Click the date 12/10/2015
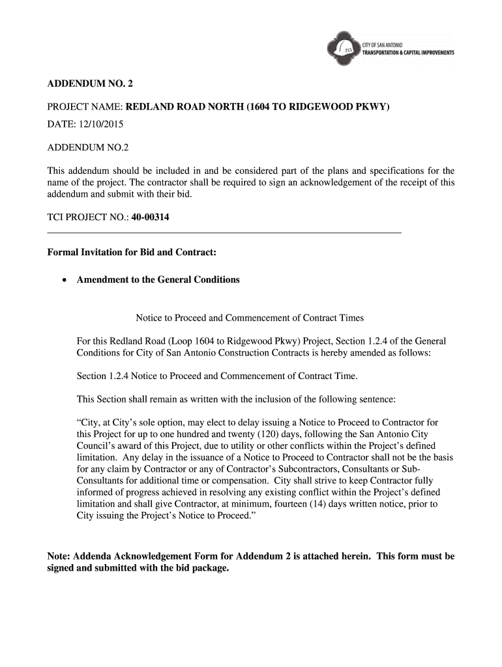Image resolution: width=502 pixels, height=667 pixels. (99, 123)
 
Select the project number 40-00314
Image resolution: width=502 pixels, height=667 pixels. (150, 218)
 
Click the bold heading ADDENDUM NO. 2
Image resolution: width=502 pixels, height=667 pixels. (90, 83)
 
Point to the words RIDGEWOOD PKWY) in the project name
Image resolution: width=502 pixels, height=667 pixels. (348, 106)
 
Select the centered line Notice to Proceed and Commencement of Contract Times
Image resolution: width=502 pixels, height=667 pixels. (250, 318)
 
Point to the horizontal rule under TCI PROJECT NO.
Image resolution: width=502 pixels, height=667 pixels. (224, 233)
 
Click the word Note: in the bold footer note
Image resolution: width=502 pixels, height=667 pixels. (59, 556)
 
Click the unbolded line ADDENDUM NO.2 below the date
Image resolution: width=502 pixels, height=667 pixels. (87, 149)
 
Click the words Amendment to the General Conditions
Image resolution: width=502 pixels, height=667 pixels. (158, 280)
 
